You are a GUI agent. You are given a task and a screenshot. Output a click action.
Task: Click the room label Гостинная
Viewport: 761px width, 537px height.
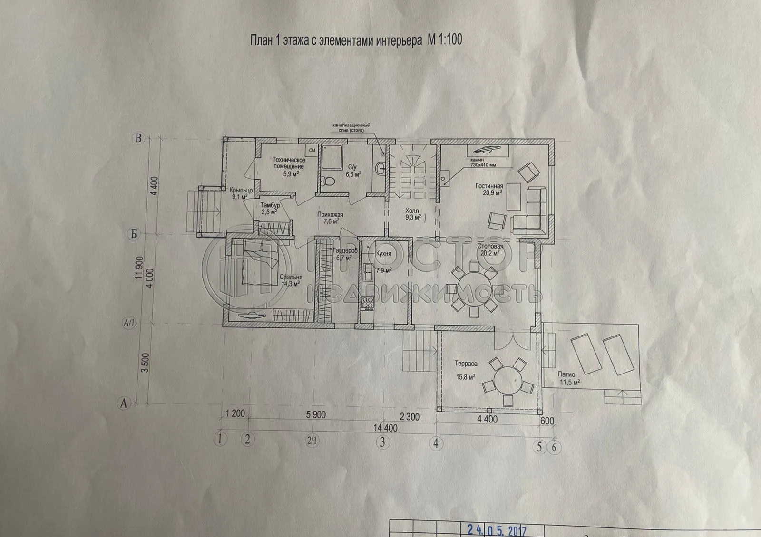pyautogui.click(x=489, y=186)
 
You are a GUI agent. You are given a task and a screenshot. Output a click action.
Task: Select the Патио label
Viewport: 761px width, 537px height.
pyautogui.click(x=566, y=374)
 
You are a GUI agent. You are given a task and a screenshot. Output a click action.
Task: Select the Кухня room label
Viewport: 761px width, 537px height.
pyautogui.click(x=383, y=254)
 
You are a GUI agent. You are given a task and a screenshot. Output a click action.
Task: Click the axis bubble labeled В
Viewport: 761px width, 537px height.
pyautogui.click(x=138, y=139)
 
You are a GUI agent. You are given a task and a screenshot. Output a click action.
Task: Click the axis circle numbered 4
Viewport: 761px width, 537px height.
pyautogui.click(x=435, y=443)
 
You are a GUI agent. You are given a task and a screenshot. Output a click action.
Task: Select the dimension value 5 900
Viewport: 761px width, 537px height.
pyautogui.click(x=314, y=414)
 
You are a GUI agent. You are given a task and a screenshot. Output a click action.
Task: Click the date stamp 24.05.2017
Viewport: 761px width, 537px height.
pyautogui.click(x=495, y=529)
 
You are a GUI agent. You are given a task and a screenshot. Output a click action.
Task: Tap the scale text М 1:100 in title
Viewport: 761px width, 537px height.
pyautogui.click(x=444, y=40)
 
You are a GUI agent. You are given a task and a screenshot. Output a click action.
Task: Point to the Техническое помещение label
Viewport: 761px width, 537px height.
pyautogui.click(x=289, y=163)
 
